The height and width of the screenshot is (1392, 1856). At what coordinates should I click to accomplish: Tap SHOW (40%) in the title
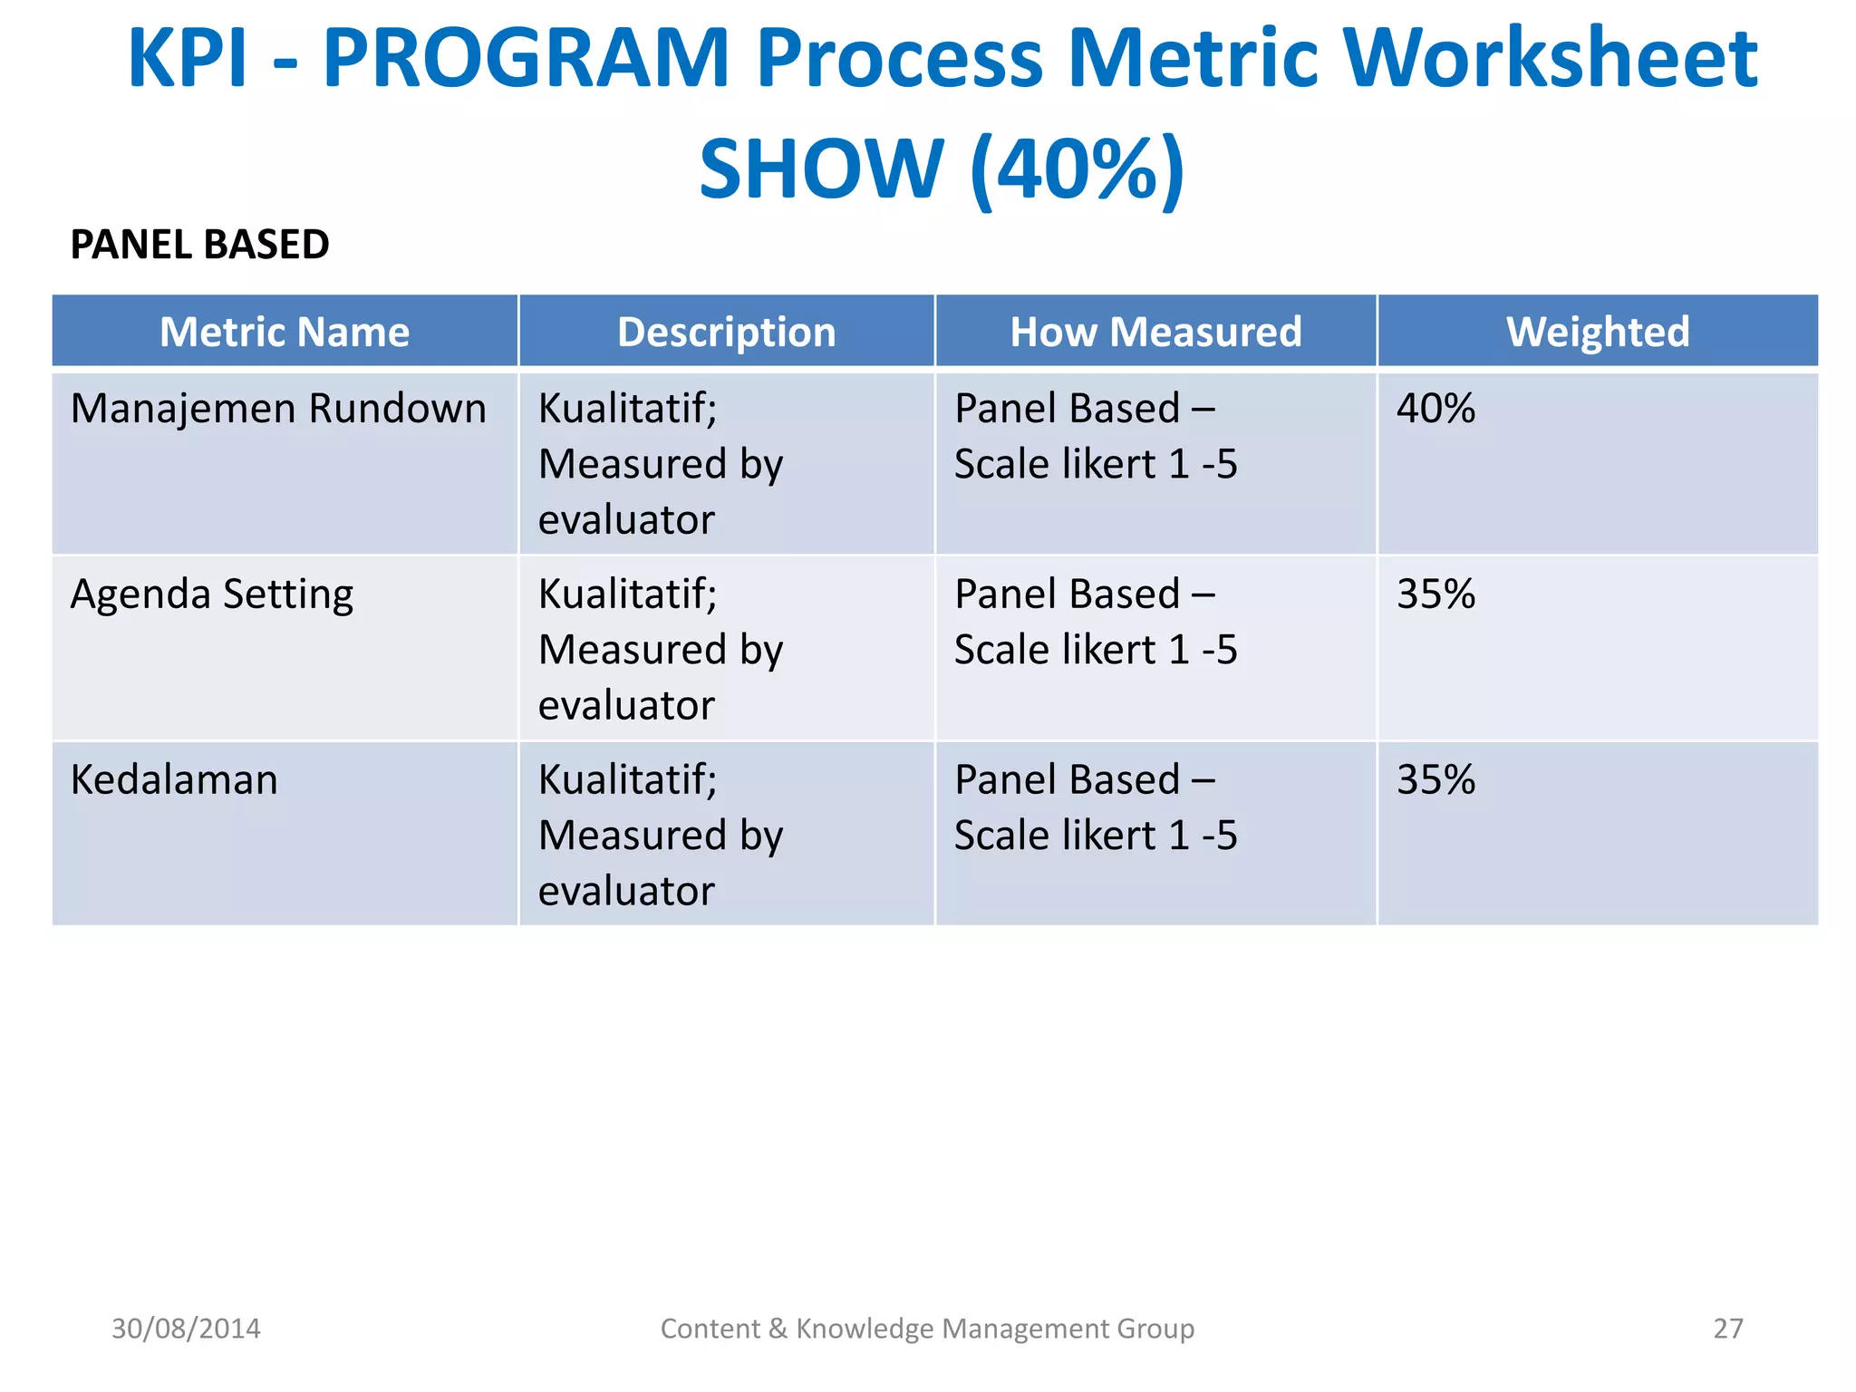click(942, 169)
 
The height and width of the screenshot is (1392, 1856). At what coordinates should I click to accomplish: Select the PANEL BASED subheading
click(199, 245)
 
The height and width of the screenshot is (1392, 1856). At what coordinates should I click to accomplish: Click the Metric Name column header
click(285, 332)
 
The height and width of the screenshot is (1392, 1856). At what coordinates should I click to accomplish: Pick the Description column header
click(726, 332)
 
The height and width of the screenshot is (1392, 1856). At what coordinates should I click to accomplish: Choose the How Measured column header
click(1155, 332)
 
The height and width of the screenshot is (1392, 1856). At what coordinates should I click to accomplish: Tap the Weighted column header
click(1598, 332)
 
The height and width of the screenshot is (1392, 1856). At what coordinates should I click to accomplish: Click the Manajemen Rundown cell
click(278, 409)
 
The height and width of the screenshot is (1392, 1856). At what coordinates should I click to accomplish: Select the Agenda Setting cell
click(212, 594)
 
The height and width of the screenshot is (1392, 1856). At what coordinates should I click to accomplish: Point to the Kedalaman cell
click(174, 779)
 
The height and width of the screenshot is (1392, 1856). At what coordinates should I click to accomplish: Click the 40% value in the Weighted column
click(1435, 409)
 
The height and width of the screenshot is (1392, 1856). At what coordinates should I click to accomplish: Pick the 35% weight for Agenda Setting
click(1435, 594)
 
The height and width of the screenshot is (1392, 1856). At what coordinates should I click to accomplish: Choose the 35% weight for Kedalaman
click(1435, 779)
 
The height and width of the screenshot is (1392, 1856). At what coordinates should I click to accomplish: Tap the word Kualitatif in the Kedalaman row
click(627, 779)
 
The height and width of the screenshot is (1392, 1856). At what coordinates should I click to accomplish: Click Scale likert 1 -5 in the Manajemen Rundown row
click(1096, 464)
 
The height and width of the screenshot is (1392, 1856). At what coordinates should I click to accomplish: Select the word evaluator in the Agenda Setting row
click(626, 706)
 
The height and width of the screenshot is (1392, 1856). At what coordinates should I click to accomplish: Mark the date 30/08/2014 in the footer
click(186, 1329)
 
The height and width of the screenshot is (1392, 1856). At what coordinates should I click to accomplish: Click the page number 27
click(1727, 1329)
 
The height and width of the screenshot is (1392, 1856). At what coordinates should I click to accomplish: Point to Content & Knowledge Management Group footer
click(927, 1329)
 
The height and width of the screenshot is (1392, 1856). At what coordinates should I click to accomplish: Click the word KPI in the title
click(187, 59)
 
